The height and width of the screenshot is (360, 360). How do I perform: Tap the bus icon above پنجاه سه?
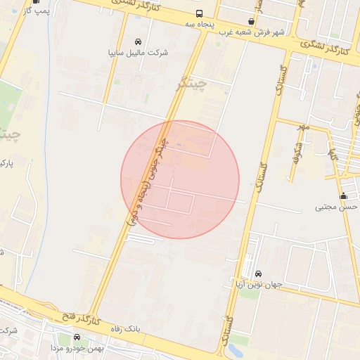199,13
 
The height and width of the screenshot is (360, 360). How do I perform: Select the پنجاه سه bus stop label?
199,24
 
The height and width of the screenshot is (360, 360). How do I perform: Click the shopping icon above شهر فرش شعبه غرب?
252,22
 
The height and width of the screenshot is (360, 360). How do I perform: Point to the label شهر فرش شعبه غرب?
252,32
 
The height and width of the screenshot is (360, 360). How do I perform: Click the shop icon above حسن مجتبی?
343,196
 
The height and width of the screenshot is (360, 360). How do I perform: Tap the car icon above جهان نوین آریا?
258,274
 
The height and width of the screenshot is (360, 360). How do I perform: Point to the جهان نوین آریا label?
258,285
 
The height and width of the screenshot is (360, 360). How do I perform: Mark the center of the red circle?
180,179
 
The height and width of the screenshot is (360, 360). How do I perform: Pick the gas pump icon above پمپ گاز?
35,2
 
